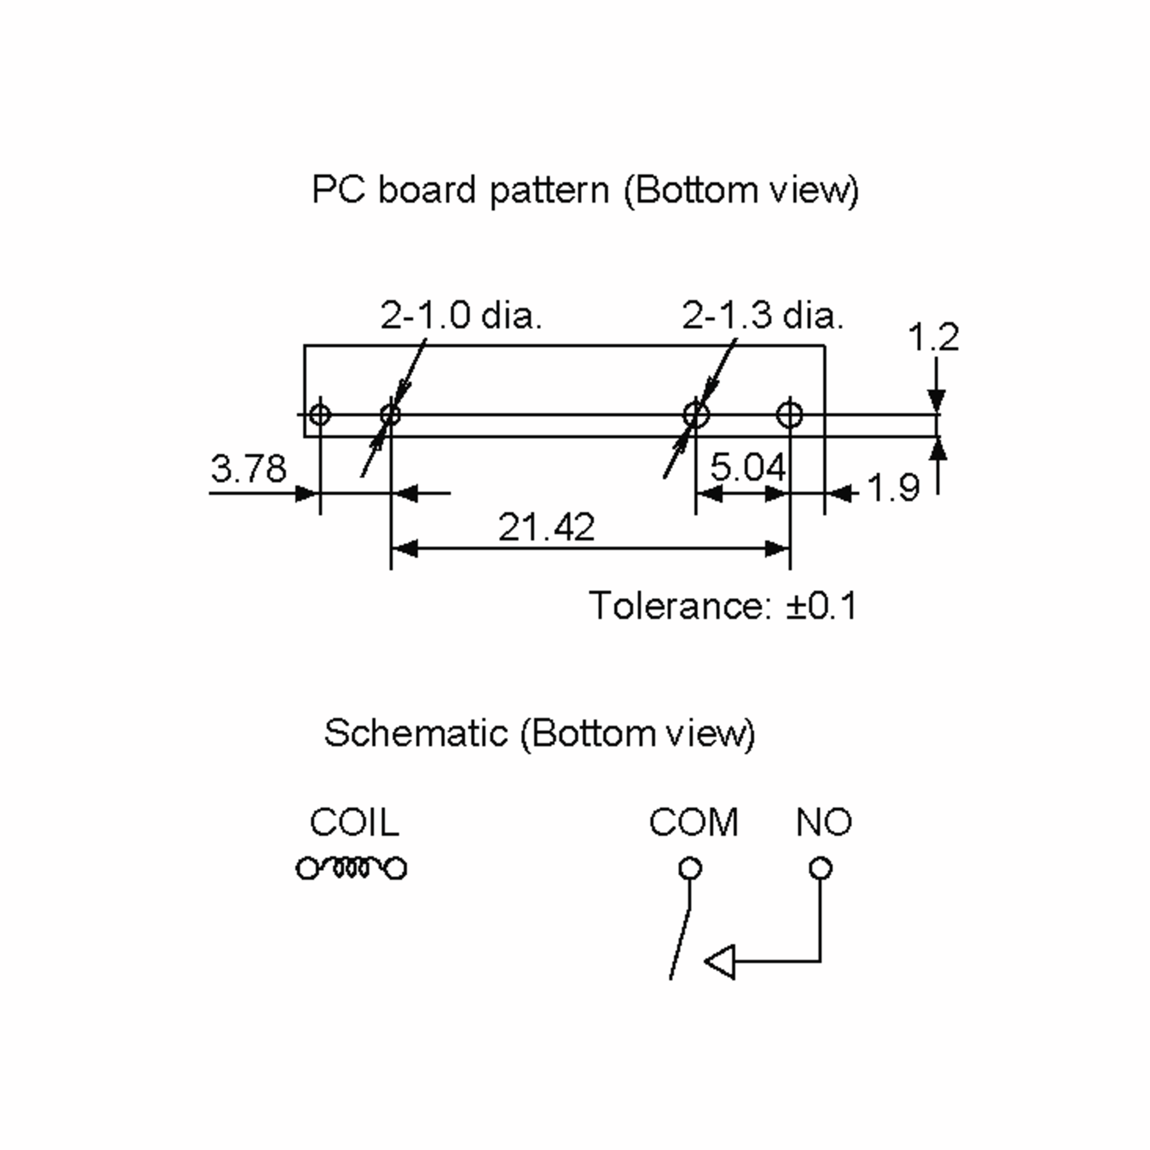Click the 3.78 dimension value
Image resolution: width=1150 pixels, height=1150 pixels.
tap(248, 469)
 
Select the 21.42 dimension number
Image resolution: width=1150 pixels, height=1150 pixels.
tap(546, 527)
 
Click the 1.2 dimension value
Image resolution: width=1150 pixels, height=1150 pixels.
tap(933, 337)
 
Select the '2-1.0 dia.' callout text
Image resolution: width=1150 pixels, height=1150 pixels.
tap(461, 315)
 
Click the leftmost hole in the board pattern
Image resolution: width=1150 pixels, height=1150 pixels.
tap(320, 414)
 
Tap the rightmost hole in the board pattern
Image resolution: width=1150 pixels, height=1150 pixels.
tap(790, 414)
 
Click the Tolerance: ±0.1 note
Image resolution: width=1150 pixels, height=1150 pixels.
tap(723, 606)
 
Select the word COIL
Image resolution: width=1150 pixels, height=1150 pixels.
tap(354, 822)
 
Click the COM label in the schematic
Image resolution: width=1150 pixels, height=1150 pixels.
tap(693, 822)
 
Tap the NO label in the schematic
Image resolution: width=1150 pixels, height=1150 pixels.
tap(824, 822)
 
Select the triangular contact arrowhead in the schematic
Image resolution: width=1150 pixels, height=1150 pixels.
tap(720, 961)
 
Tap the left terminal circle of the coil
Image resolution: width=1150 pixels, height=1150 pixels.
tap(308, 868)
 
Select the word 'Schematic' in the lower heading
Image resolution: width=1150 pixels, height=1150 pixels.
tap(415, 733)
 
